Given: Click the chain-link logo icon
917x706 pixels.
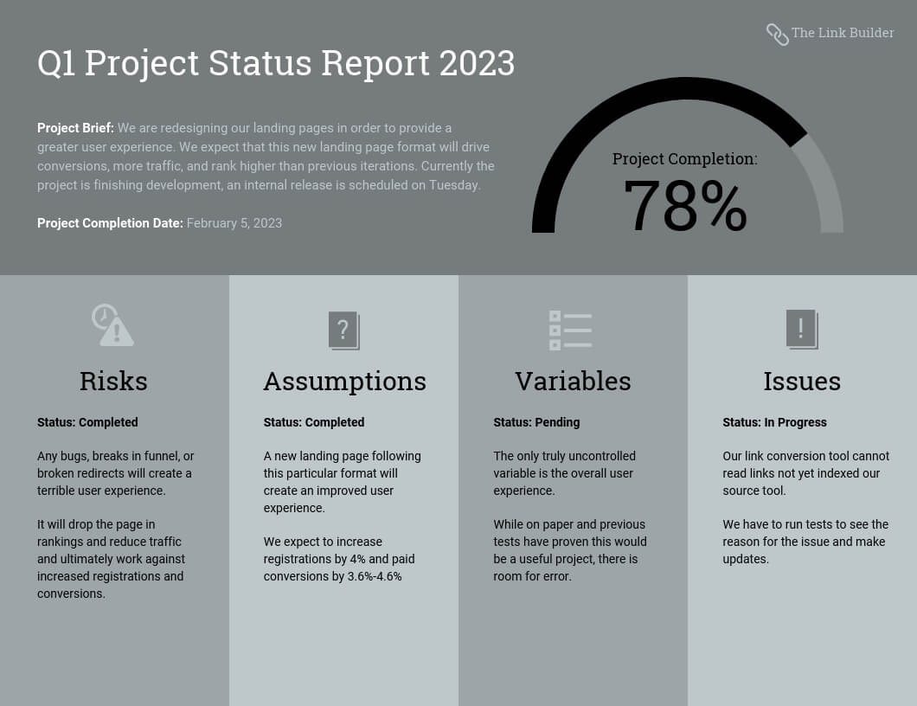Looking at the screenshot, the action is click(777, 35).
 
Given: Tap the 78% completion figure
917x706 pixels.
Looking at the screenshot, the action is click(685, 206).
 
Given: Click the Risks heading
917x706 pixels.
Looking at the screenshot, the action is click(113, 382).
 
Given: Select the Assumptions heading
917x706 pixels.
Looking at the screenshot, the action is click(345, 382).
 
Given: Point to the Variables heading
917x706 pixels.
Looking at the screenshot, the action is click(573, 382).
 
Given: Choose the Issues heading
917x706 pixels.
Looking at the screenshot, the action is click(803, 382).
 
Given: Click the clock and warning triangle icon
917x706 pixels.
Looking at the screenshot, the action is click(112, 324).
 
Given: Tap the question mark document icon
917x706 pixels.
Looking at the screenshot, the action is click(344, 331).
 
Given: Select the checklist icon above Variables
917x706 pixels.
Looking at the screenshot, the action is click(570, 331).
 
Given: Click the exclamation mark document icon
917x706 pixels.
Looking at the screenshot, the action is click(802, 330).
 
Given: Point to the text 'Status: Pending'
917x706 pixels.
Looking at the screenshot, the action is click(537, 422).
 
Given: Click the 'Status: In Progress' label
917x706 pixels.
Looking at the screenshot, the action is click(775, 422).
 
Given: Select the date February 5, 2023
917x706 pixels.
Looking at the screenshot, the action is click(234, 223).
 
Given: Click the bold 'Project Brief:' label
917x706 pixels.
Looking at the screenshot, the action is click(75, 128).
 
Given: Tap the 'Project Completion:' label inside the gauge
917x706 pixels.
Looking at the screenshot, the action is click(685, 158).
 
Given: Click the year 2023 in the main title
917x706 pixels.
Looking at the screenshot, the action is click(478, 62).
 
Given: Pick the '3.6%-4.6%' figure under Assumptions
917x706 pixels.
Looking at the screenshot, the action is click(375, 576).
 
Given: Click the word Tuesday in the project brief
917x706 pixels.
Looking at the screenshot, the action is click(455, 185).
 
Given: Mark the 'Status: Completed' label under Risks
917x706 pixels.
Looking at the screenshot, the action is click(87, 422).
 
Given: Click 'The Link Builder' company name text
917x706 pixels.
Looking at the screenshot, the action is click(843, 33).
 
